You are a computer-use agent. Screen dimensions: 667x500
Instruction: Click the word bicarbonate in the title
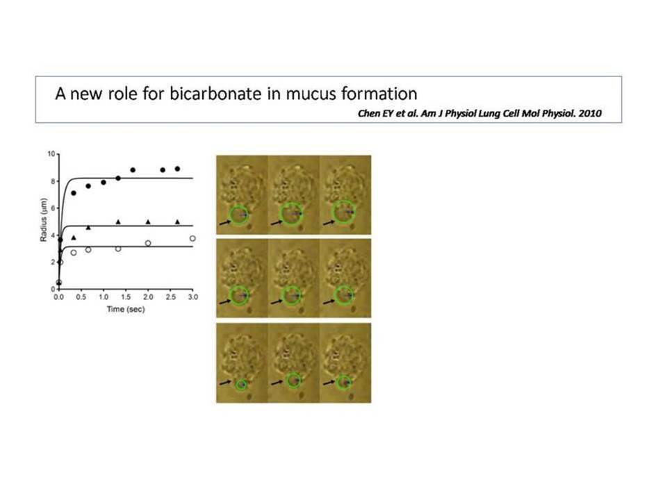(215, 94)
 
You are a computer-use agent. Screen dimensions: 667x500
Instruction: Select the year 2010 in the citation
(590, 113)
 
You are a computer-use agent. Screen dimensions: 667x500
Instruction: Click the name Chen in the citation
(368, 113)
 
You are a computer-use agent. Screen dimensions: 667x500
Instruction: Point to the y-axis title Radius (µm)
(43, 220)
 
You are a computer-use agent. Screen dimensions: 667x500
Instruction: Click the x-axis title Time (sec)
(126, 309)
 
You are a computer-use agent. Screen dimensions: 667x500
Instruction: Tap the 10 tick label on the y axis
(51, 153)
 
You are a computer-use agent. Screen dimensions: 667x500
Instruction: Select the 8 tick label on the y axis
(53, 181)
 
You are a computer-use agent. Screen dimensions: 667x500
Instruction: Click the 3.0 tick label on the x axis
(192, 297)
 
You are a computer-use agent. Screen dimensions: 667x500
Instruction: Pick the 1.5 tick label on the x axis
(126, 297)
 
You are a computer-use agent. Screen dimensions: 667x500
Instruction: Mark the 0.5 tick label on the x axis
(81, 297)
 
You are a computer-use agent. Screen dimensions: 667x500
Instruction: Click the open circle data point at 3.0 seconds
(192, 238)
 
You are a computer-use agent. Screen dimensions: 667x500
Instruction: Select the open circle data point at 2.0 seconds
(148, 243)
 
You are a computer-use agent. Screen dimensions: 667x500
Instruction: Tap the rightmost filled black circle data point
(177, 169)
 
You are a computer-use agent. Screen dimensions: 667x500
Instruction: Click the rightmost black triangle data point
(177, 222)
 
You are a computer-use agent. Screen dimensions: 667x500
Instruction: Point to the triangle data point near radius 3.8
(74, 237)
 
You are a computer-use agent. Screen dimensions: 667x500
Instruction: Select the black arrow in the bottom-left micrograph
(225, 383)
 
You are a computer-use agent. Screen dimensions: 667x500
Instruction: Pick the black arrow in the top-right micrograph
(329, 222)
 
